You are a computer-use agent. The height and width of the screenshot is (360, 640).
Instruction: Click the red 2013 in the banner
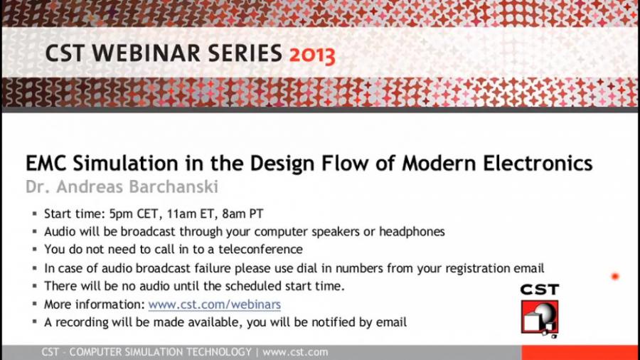[x=311, y=54]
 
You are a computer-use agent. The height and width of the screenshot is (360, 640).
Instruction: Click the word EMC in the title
[x=46, y=164]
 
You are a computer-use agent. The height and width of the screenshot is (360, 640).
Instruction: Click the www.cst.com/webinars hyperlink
[x=214, y=305]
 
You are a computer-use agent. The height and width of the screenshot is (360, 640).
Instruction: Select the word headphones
[x=412, y=231]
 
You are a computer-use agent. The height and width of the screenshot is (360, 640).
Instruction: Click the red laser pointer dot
[x=615, y=276]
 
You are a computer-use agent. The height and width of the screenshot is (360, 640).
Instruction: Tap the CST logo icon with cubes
[x=540, y=317]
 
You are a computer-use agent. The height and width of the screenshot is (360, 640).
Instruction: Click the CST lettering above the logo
[x=540, y=290]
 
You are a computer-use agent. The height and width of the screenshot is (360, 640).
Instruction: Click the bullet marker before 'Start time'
[x=33, y=214]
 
